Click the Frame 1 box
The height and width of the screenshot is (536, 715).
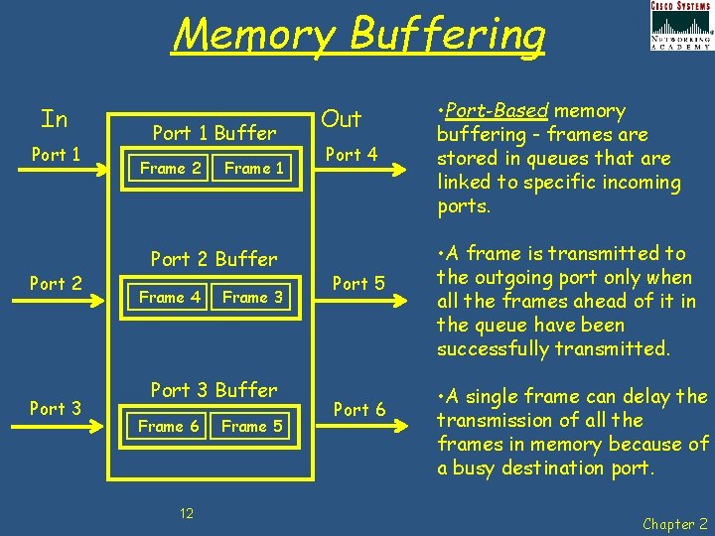(x=254, y=169)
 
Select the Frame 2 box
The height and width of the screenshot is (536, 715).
(x=170, y=169)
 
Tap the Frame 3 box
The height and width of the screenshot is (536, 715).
(x=252, y=297)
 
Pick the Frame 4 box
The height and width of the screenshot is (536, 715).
(x=169, y=297)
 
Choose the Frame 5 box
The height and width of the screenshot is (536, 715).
(x=252, y=427)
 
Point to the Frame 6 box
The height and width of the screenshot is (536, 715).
(x=168, y=427)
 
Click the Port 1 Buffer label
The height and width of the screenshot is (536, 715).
(x=214, y=133)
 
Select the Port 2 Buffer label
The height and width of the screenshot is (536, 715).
(x=214, y=259)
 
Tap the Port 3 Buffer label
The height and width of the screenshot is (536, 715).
(x=214, y=390)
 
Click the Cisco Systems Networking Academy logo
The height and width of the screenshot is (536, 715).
(x=680, y=25)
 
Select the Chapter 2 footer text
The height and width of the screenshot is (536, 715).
(x=674, y=523)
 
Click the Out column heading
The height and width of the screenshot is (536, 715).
(x=342, y=119)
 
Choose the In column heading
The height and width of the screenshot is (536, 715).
(x=55, y=120)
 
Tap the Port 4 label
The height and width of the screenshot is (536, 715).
(x=351, y=154)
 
